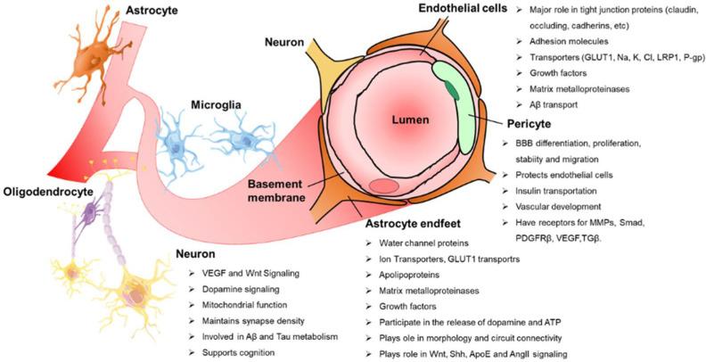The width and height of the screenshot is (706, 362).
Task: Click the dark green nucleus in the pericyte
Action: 455,86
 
